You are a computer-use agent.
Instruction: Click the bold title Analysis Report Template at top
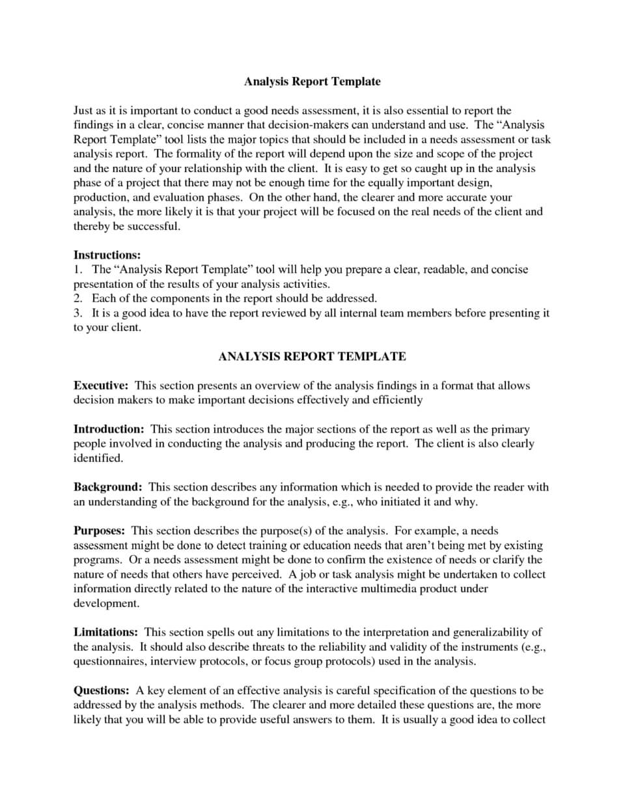[312, 81]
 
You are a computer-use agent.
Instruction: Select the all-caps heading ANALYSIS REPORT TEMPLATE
[312, 356]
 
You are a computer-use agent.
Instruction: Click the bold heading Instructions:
[107, 255]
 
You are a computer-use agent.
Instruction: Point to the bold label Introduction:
[109, 429]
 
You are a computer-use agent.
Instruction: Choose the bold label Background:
[107, 487]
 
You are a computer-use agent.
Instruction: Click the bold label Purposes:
[99, 531]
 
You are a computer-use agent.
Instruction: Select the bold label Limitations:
[105, 632]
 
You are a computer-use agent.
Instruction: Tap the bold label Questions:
[101, 690]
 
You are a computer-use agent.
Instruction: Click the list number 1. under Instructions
[77, 269]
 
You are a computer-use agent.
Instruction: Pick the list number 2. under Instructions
[77, 298]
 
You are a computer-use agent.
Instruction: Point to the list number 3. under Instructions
[77, 313]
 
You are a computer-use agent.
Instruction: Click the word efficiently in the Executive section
[397, 400]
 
